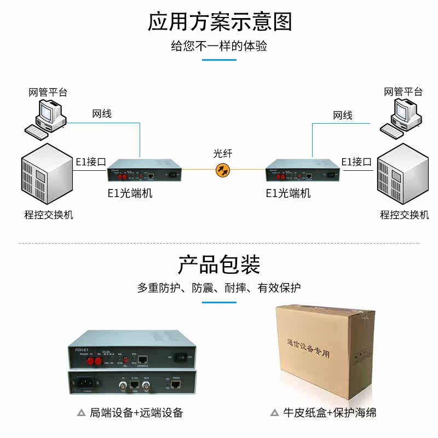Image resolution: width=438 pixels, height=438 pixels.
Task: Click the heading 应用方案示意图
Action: (x=219, y=22)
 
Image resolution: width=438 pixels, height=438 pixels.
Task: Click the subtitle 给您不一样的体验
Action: (x=219, y=46)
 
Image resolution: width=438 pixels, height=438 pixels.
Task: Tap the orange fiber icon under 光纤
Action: (x=223, y=171)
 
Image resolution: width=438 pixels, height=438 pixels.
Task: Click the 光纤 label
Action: (x=223, y=154)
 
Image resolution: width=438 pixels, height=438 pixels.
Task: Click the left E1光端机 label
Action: (x=130, y=193)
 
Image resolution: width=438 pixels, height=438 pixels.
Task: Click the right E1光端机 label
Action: (x=289, y=193)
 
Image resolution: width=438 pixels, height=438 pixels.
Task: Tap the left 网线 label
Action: (x=102, y=114)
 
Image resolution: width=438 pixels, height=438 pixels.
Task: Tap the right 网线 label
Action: (x=343, y=116)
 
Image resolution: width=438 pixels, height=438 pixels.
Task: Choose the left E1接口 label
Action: (x=90, y=162)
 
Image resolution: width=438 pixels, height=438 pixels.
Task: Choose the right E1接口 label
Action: (x=356, y=162)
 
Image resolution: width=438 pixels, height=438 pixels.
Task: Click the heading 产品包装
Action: (x=219, y=265)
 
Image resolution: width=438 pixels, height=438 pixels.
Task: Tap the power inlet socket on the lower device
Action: (x=85, y=383)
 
